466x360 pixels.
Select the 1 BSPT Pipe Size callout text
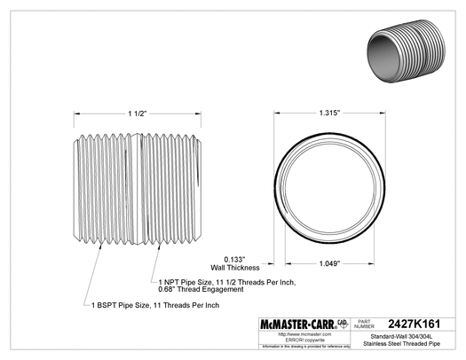[155, 304]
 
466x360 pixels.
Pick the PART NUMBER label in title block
[367, 325]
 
